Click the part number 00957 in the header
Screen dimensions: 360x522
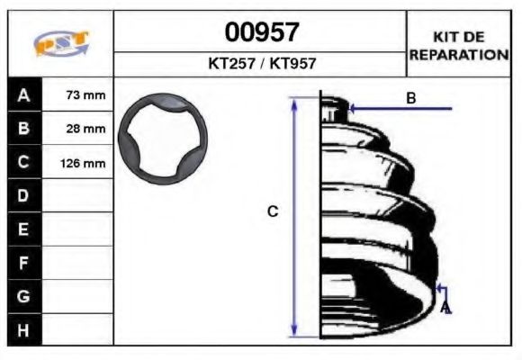coord(261,33)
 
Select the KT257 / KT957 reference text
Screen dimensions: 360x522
coord(261,65)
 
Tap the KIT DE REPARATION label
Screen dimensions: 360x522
coord(459,45)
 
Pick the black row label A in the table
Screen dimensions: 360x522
coord(23,94)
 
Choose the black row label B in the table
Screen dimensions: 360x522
coord(23,129)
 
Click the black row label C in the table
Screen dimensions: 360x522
coord(23,163)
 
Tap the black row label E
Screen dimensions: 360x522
coord(23,229)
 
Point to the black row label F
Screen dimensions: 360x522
coord(23,263)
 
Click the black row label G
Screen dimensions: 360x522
coord(23,296)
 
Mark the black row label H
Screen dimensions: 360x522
coord(23,329)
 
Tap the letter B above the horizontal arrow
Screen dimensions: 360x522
coord(410,97)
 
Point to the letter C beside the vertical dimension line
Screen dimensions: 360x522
coord(274,212)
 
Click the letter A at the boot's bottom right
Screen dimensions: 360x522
coord(445,308)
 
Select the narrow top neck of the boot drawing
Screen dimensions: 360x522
coord(334,106)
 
